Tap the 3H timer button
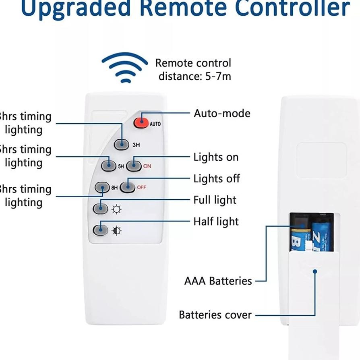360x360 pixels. click(x=122, y=144)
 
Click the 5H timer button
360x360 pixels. click(x=109, y=165)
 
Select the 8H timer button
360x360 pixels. click(x=102, y=187)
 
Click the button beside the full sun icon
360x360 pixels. click(x=100, y=209)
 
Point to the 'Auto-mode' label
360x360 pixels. click(x=222, y=113)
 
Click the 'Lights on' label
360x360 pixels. click(x=216, y=157)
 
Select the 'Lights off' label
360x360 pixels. click(x=217, y=178)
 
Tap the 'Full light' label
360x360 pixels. click(x=215, y=200)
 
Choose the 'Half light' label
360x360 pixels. click(x=216, y=221)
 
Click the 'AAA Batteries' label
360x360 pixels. click(x=218, y=281)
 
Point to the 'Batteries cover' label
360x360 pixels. click(x=215, y=314)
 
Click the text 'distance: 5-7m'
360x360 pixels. click(x=195, y=76)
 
